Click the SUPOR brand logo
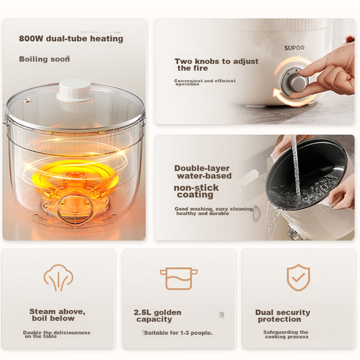[294, 48]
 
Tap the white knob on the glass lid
[75, 90]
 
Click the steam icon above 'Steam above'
[58, 278]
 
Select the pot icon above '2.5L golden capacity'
[179, 278]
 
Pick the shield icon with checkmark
[298, 278]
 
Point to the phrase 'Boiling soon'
[45, 59]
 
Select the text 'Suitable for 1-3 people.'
[178, 333]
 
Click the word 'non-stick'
[196, 187]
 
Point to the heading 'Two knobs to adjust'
[217, 61]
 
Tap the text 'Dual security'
[283, 313]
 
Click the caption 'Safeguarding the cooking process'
[286, 334]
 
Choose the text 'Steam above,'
[57, 311]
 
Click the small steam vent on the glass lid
[27, 101]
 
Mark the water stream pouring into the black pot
[296, 165]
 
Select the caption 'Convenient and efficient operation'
[205, 82]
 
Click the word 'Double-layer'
[202, 169]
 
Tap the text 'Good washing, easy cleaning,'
[214, 209]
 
